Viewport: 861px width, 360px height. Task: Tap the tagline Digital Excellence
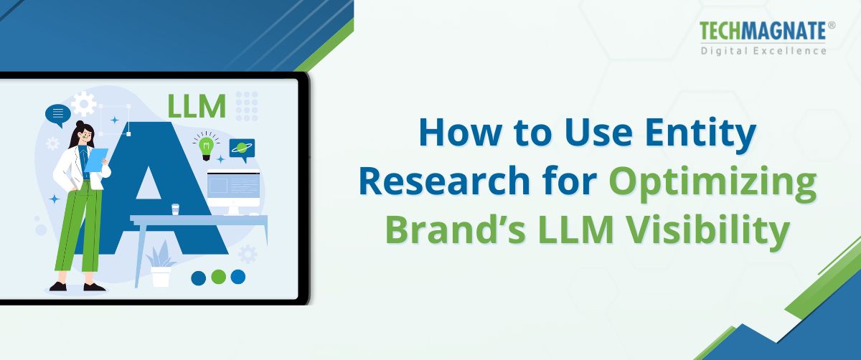[763, 51]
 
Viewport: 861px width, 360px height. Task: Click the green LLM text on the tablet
[196, 106]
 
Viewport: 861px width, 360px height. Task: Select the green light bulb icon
[207, 147]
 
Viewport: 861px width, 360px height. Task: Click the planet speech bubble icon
[242, 148]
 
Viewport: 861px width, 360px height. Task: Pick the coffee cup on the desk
[175, 209]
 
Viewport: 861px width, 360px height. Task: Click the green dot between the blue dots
[219, 277]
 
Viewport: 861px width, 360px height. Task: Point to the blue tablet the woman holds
[96, 161]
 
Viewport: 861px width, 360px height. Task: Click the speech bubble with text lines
[58, 114]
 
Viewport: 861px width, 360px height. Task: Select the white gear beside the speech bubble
[84, 105]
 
